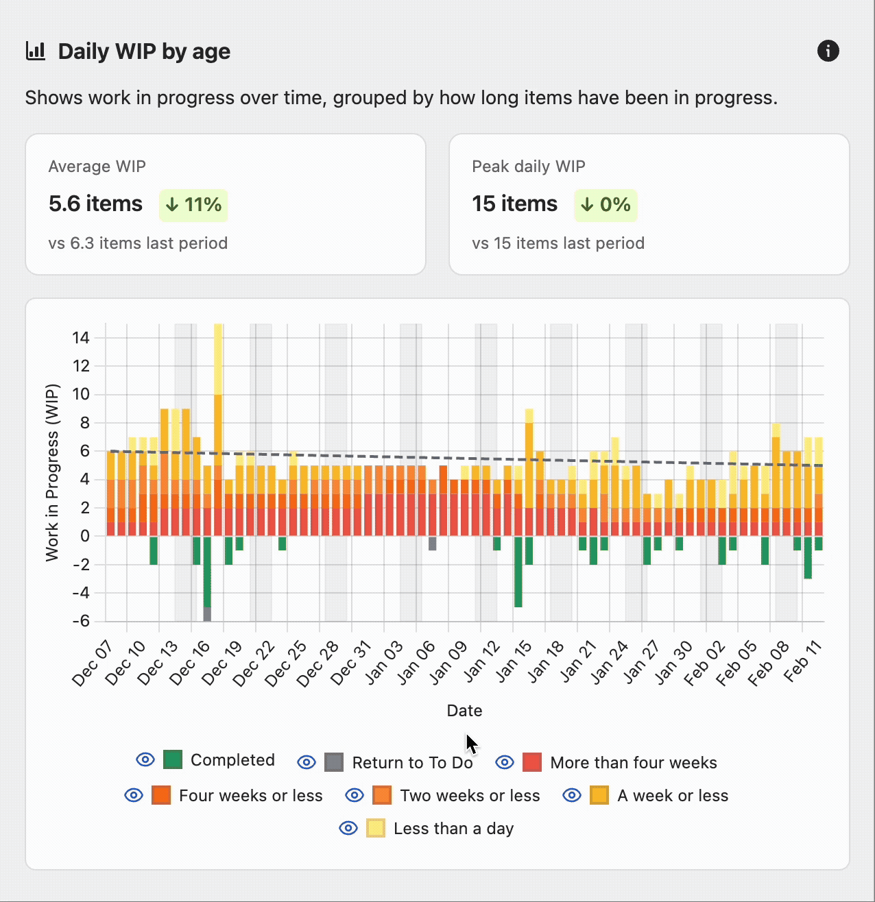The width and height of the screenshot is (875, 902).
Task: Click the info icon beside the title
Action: [x=828, y=51]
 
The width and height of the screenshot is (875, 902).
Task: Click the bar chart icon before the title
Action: [x=36, y=51]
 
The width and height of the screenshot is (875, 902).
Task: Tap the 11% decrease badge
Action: [x=193, y=205]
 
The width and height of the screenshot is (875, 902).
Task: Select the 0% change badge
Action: [x=606, y=205]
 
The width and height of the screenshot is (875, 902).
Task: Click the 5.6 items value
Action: [x=95, y=204]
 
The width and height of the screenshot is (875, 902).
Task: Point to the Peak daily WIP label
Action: [x=528, y=167]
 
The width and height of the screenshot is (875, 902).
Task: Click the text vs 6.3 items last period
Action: [x=138, y=243]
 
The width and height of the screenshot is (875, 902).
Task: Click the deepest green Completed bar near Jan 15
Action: [x=518, y=572]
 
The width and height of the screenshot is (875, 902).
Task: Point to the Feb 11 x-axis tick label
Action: [x=803, y=661]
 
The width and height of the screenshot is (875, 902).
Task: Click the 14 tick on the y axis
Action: [x=81, y=337]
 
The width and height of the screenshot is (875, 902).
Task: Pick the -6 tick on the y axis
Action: [x=81, y=621]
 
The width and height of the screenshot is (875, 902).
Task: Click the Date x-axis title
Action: [x=464, y=711]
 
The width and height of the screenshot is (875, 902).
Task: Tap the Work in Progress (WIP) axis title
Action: [x=52, y=473]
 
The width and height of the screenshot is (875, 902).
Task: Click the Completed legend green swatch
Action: [x=173, y=759]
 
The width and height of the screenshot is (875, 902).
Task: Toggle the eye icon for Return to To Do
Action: [x=307, y=762]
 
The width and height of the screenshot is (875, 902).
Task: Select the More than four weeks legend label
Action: [x=633, y=763]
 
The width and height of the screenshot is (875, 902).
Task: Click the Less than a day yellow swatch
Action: [x=376, y=828]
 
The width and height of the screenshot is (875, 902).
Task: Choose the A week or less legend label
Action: [x=672, y=796]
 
